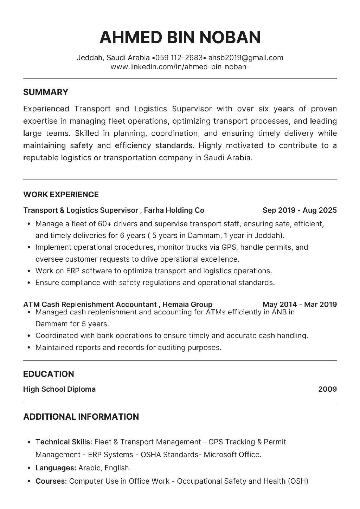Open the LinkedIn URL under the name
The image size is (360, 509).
(180, 66)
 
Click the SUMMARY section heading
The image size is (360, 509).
(45, 92)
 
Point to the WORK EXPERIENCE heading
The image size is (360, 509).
(61, 195)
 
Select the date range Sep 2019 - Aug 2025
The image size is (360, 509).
(300, 210)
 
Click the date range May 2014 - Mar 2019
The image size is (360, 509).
(300, 304)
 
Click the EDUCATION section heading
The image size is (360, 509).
(49, 374)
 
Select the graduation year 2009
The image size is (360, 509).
(327, 389)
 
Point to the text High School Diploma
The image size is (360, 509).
(59, 389)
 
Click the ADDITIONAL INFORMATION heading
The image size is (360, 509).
(81, 417)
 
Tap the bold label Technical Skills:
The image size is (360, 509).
(64, 442)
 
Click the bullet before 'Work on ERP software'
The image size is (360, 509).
(28, 271)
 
